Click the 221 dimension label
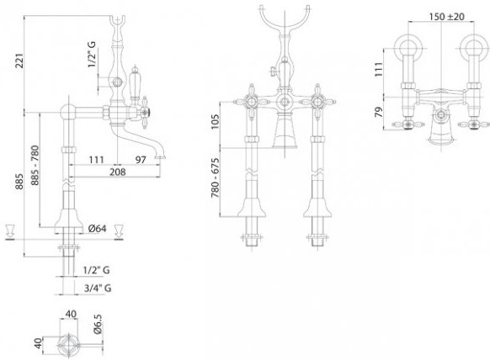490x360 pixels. [x=19, y=61]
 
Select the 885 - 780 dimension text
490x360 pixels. [x=35, y=165]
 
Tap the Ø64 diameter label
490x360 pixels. [x=97, y=229]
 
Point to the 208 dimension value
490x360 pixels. [x=118, y=172]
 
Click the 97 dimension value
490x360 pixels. [x=141, y=160]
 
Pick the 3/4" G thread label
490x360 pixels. [x=98, y=288]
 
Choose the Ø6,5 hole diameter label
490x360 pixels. [x=98, y=324]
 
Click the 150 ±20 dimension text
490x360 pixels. [x=446, y=16]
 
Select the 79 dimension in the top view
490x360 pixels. [x=378, y=112]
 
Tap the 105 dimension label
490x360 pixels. [x=216, y=121]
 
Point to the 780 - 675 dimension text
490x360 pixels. [x=216, y=178]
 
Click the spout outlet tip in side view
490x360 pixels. [x=160, y=157]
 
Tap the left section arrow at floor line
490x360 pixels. [x=10, y=232]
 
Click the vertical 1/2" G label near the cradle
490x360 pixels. [x=92, y=54]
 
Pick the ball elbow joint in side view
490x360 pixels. [x=68, y=112]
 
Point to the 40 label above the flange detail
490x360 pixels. [x=71, y=314]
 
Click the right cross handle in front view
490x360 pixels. [x=317, y=102]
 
